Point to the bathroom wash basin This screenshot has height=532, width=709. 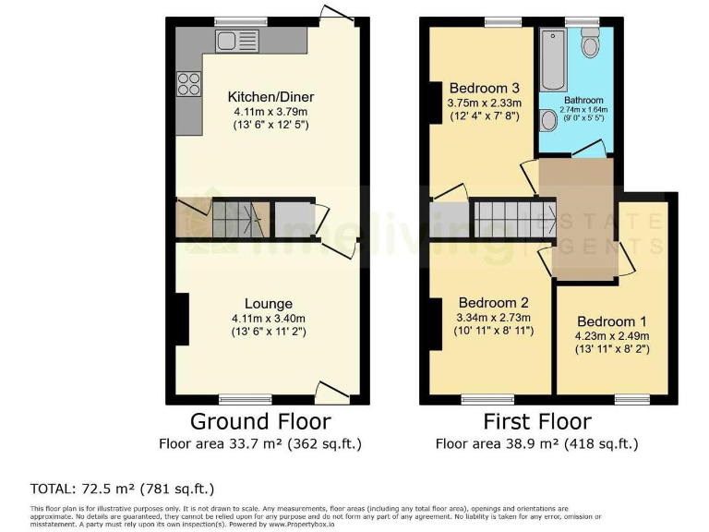(548, 120)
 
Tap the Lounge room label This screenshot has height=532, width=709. (269, 303)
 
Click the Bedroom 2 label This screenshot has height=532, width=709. (493, 301)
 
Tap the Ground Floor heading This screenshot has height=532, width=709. (260, 422)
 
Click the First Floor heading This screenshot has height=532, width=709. (537, 422)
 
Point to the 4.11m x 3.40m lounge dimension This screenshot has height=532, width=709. (269, 318)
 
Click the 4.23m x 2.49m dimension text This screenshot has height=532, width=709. (613, 335)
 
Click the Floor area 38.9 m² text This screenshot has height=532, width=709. (537, 444)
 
